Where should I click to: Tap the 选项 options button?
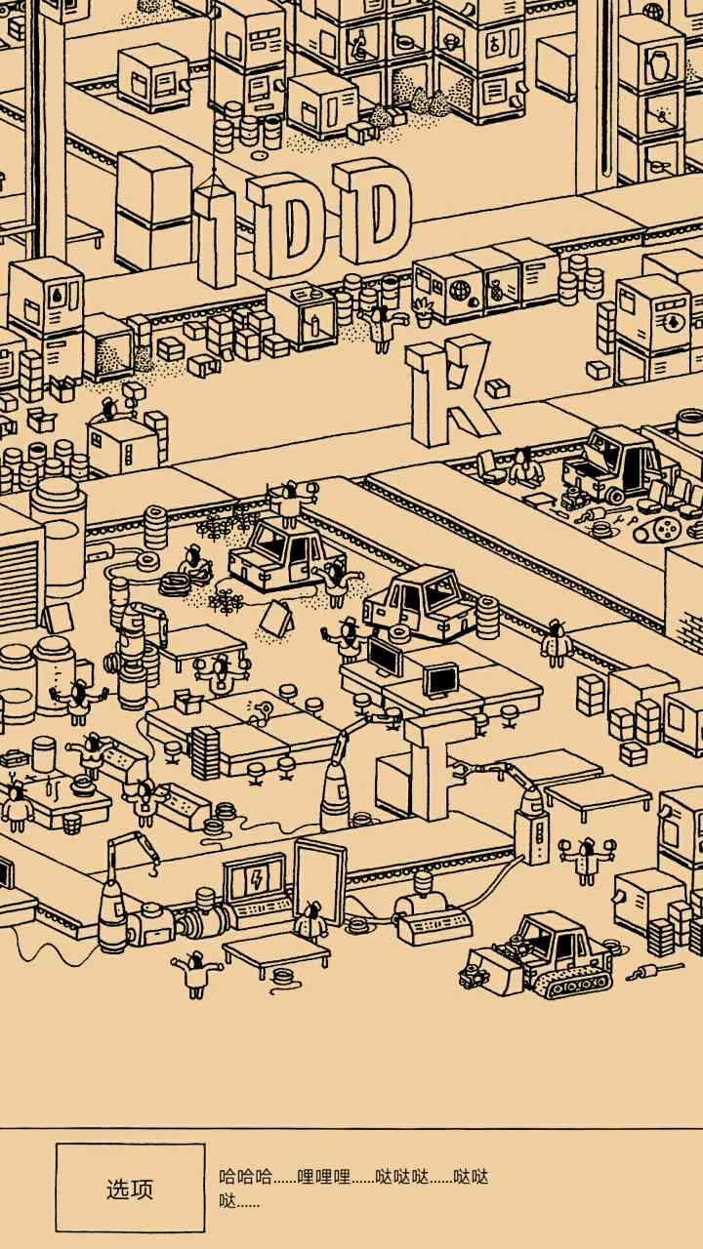click(x=130, y=1188)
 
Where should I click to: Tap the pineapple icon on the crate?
click(x=495, y=291)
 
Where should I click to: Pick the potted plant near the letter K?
click(x=424, y=312)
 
